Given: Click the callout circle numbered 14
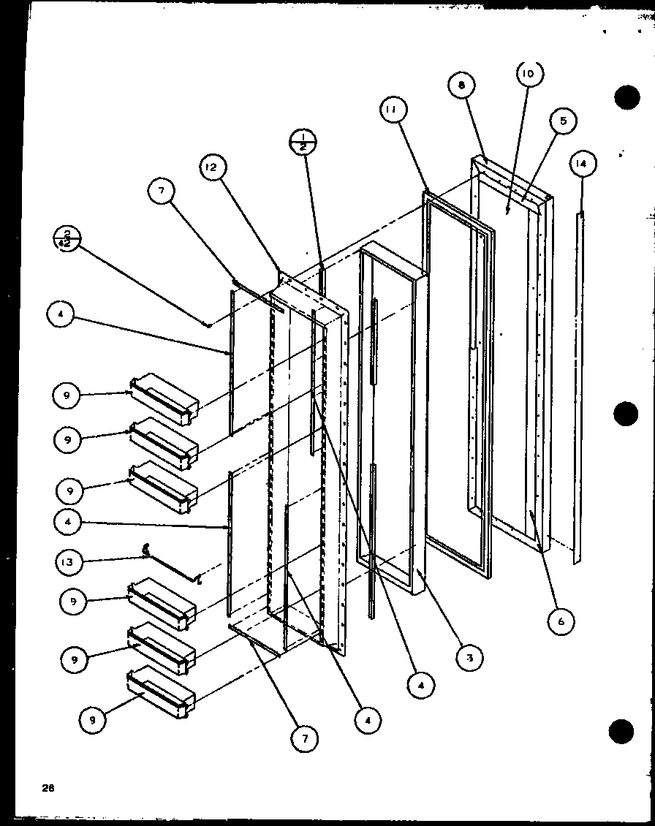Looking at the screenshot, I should click(x=581, y=164).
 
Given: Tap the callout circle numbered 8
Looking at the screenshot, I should click(x=462, y=86).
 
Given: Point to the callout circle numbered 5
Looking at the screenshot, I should click(x=563, y=121).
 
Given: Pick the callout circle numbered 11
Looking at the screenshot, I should click(x=393, y=111).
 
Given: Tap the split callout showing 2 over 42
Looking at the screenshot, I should click(x=67, y=239).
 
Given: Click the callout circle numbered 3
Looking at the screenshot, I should click(x=469, y=658).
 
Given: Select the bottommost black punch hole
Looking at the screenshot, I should click(x=622, y=730).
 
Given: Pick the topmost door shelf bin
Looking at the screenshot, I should click(x=164, y=400).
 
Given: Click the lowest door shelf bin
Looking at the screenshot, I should click(x=162, y=691).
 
